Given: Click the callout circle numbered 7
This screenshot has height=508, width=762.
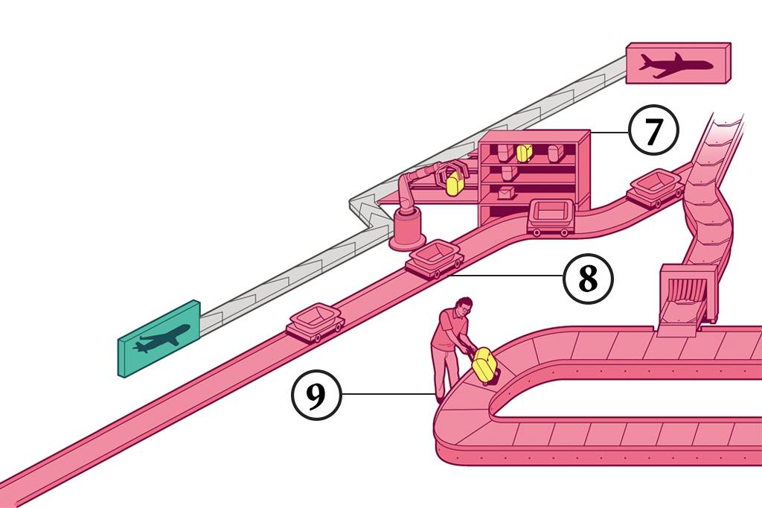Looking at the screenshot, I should click(653, 132).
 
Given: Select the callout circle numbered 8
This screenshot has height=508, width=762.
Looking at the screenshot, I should click(587, 279).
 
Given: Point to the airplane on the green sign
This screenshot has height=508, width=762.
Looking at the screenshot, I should click(159, 340).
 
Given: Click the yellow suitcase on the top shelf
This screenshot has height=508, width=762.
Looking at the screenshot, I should click(524, 153).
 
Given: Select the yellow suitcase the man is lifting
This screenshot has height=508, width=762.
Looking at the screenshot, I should click(484, 364).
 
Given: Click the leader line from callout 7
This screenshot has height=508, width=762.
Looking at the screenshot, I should click(609, 132).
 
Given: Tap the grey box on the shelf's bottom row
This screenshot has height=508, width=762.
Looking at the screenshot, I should click(507, 193).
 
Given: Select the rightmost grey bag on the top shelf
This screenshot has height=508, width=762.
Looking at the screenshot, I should click(554, 153).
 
